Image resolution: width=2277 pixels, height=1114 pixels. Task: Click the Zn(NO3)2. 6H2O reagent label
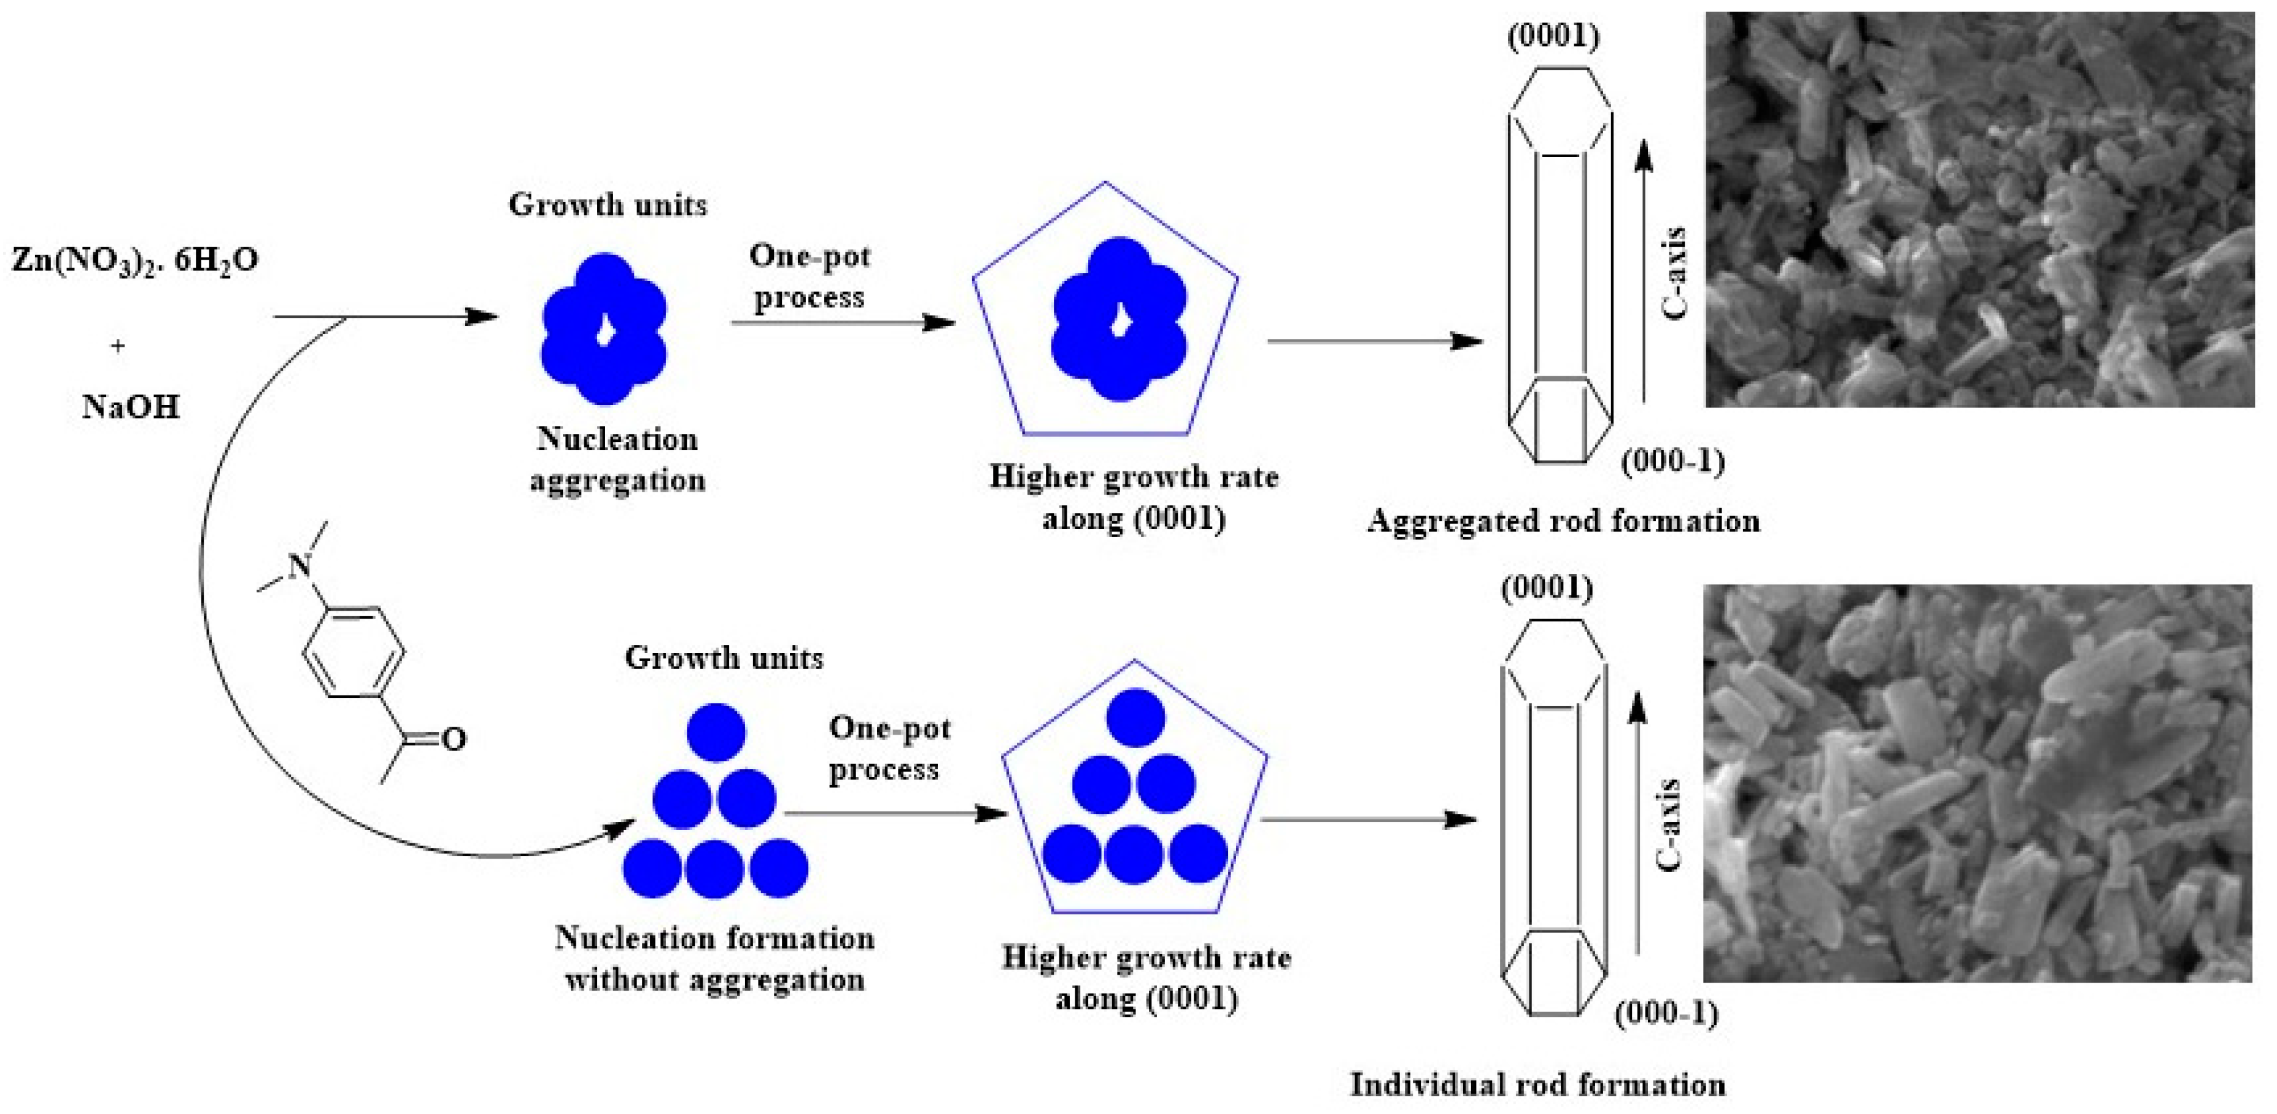point(134,261)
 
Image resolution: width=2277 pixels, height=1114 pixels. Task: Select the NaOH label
point(131,408)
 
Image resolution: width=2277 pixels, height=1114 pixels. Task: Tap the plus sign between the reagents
point(118,346)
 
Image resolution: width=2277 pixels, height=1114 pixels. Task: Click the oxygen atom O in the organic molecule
point(454,739)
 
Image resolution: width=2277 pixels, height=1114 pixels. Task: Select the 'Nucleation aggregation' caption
point(617,460)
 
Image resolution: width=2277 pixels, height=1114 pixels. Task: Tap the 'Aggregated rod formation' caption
point(1563,520)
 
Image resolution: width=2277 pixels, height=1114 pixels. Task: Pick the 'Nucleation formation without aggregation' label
point(714,958)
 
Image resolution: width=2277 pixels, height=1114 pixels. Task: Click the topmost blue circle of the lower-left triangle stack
point(716,732)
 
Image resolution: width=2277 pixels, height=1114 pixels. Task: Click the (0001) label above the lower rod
point(1547,588)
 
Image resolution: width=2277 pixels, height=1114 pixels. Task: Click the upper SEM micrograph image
point(1979,209)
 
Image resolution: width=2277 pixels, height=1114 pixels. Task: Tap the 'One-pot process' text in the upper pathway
point(809,276)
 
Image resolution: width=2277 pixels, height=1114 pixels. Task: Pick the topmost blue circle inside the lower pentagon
point(1135,717)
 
